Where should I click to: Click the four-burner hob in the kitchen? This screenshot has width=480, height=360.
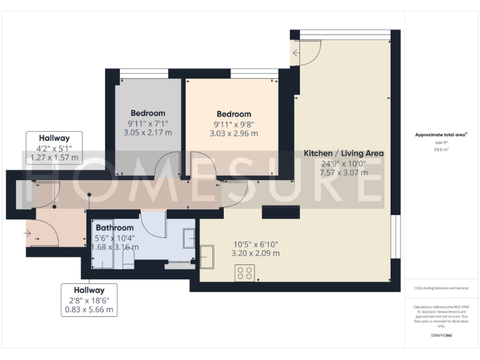coord(244,273)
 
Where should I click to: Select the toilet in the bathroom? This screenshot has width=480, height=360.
coord(128,263)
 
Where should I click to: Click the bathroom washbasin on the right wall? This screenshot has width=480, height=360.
coord(189,237)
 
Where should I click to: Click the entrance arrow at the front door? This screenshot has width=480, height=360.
coord(27,233)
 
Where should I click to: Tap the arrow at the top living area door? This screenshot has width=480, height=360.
coord(296,53)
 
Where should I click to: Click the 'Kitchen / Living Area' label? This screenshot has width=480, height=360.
coord(343,153)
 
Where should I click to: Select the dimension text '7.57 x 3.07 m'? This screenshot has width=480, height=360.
coord(343,172)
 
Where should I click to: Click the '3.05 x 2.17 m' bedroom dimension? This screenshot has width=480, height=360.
coord(147,132)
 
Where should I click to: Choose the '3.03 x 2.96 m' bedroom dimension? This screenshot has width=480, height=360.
coord(234,133)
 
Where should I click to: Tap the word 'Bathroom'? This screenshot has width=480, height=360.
coord(114,228)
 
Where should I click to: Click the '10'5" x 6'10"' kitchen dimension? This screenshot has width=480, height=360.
coord(256,244)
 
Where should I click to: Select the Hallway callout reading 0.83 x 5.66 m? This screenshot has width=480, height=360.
coord(89,299)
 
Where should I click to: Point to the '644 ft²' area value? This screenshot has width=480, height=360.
coord(442,142)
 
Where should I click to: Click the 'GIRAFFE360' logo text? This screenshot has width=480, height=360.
coord(442,336)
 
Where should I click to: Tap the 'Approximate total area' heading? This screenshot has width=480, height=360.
coord(442,134)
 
